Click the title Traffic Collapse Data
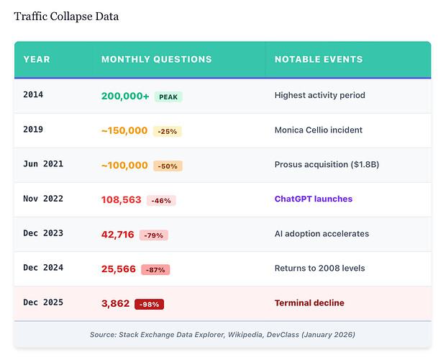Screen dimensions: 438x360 point(66,17)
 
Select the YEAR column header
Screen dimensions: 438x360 point(37,59)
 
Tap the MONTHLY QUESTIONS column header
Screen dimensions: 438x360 point(157,59)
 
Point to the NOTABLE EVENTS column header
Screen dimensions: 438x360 point(319,59)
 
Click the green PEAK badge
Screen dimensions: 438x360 point(168,96)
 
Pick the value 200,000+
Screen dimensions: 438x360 point(125,96)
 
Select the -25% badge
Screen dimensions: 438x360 point(168,131)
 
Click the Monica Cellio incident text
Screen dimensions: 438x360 point(319,130)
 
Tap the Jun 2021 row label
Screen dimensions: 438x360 point(43,163)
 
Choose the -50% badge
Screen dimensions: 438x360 point(168,166)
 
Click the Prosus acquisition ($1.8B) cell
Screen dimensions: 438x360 point(327,164)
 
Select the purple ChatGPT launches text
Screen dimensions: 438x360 point(314,199)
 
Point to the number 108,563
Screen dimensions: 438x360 point(122,199)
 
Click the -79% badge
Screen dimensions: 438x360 point(154,235)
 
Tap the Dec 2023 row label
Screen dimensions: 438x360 point(43,233)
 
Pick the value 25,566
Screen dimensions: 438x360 point(119,269)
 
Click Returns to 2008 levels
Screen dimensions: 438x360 point(320,269)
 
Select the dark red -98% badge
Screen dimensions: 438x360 point(149,305)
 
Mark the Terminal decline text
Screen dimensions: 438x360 point(309,303)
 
